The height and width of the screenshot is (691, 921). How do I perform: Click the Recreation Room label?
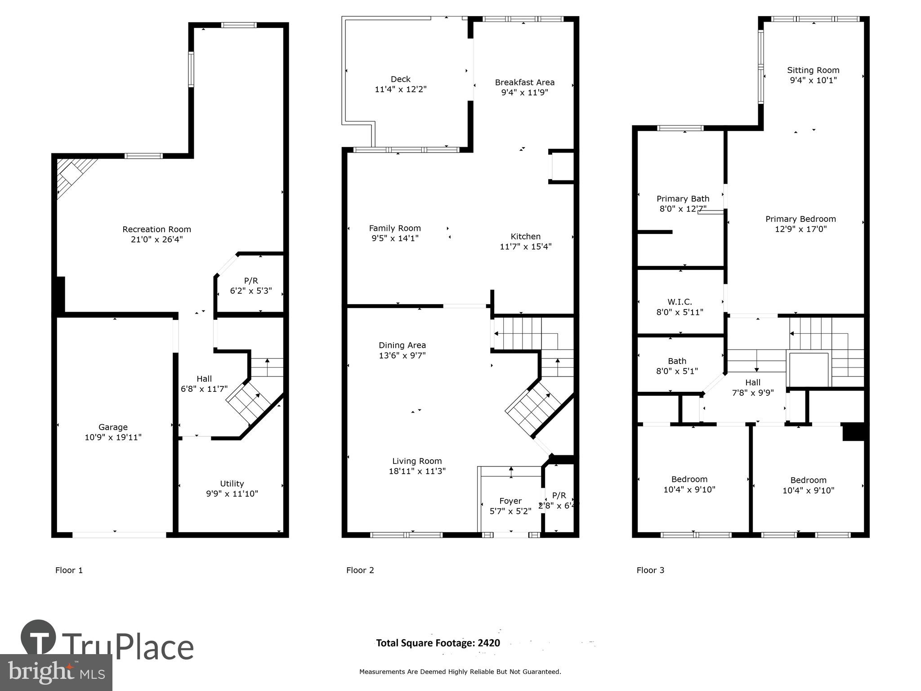(x=156, y=229)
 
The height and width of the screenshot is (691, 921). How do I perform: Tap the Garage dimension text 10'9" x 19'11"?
(x=113, y=437)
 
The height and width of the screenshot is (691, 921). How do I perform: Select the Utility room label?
(x=232, y=484)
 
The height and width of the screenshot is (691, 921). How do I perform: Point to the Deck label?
(x=400, y=79)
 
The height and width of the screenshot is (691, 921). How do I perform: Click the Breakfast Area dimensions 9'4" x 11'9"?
(x=524, y=93)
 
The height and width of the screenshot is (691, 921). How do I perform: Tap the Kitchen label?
(x=525, y=237)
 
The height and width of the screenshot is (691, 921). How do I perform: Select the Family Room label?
(x=395, y=229)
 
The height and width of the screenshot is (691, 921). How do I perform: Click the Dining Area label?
(x=402, y=345)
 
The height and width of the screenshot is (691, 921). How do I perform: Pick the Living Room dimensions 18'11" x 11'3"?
(x=417, y=471)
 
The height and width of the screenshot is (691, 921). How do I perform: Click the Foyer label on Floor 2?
(x=510, y=501)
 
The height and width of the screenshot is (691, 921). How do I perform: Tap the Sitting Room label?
(x=813, y=70)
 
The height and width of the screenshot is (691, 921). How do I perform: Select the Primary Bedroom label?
(x=800, y=219)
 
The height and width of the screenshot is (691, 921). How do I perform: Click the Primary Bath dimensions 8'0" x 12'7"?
(x=683, y=209)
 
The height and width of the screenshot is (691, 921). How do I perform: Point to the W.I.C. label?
(x=680, y=302)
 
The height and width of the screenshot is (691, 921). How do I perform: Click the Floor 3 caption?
(x=650, y=570)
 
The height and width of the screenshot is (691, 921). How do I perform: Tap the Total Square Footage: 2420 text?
(x=438, y=643)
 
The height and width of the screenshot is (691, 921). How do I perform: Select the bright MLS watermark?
(x=56, y=672)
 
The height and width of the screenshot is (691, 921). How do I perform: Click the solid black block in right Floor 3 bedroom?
(x=853, y=432)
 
